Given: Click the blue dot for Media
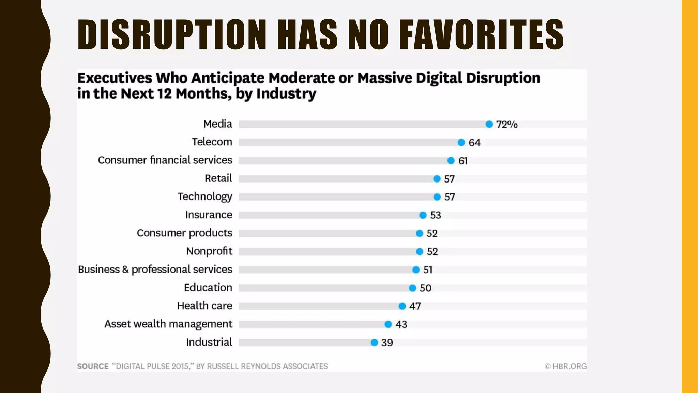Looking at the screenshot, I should point(489,124).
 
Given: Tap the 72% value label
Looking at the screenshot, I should point(507,125).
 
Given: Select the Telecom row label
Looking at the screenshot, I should point(212,142).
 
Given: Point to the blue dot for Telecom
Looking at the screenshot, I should point(461,142).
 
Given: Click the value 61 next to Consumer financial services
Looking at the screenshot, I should point(463,161).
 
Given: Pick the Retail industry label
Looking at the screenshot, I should point(218,178).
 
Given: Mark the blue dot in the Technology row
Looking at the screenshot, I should point(437,197).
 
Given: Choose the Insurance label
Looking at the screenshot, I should point(209,215).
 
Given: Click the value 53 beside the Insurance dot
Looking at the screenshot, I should point(436,215).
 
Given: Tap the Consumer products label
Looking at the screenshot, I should point(184,233).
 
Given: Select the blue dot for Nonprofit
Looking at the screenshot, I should point(420,251).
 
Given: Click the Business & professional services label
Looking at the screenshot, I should point(155,270).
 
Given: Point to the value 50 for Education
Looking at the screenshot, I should point(425,288).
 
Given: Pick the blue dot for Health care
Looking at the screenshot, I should point(402,306).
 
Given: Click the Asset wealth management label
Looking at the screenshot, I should point(168,324).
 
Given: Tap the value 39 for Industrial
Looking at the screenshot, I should point(387,343).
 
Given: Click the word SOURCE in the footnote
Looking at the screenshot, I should point(93,366).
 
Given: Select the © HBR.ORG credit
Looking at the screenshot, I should point(566,366).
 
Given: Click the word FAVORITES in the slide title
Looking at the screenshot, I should point(481,34).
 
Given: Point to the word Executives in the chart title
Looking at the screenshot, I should point(115,78).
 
